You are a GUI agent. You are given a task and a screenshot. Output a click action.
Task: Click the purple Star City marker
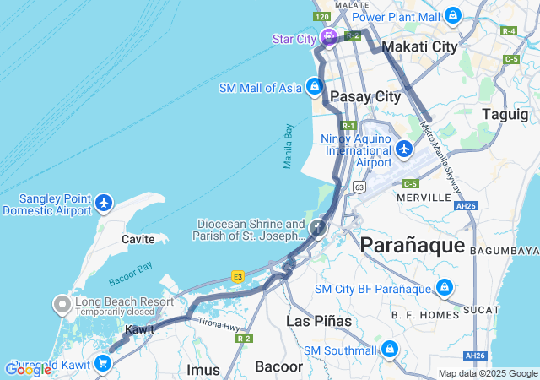pos(328,37)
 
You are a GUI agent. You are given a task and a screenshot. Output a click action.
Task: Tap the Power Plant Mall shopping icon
pos(453,15)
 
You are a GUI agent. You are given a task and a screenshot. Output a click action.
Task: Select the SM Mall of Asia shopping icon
pos(315,86)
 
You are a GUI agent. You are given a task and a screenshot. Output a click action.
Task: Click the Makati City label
pos(420,47)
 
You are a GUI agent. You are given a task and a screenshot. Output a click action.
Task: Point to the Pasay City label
pos(364,96)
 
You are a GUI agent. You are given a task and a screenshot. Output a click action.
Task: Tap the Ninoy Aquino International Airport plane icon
pos(404,149)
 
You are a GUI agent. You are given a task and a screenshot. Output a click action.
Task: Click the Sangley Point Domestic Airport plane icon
pos(104,203)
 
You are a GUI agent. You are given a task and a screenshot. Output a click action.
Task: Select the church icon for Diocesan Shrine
pos(317,227)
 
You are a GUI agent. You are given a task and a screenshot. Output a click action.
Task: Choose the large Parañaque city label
pos(412,245)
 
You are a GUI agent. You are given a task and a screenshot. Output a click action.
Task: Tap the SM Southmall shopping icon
pos(389,349)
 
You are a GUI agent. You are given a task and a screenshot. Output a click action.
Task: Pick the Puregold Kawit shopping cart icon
pos(103,363)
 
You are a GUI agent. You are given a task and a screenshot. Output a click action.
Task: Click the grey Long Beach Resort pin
pos(62,302)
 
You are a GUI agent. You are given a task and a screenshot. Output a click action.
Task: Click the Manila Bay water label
pos(288,146)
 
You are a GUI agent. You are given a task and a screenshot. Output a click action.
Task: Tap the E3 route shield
pos(238,275)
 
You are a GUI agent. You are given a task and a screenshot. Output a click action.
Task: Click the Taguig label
pos(505,113)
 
